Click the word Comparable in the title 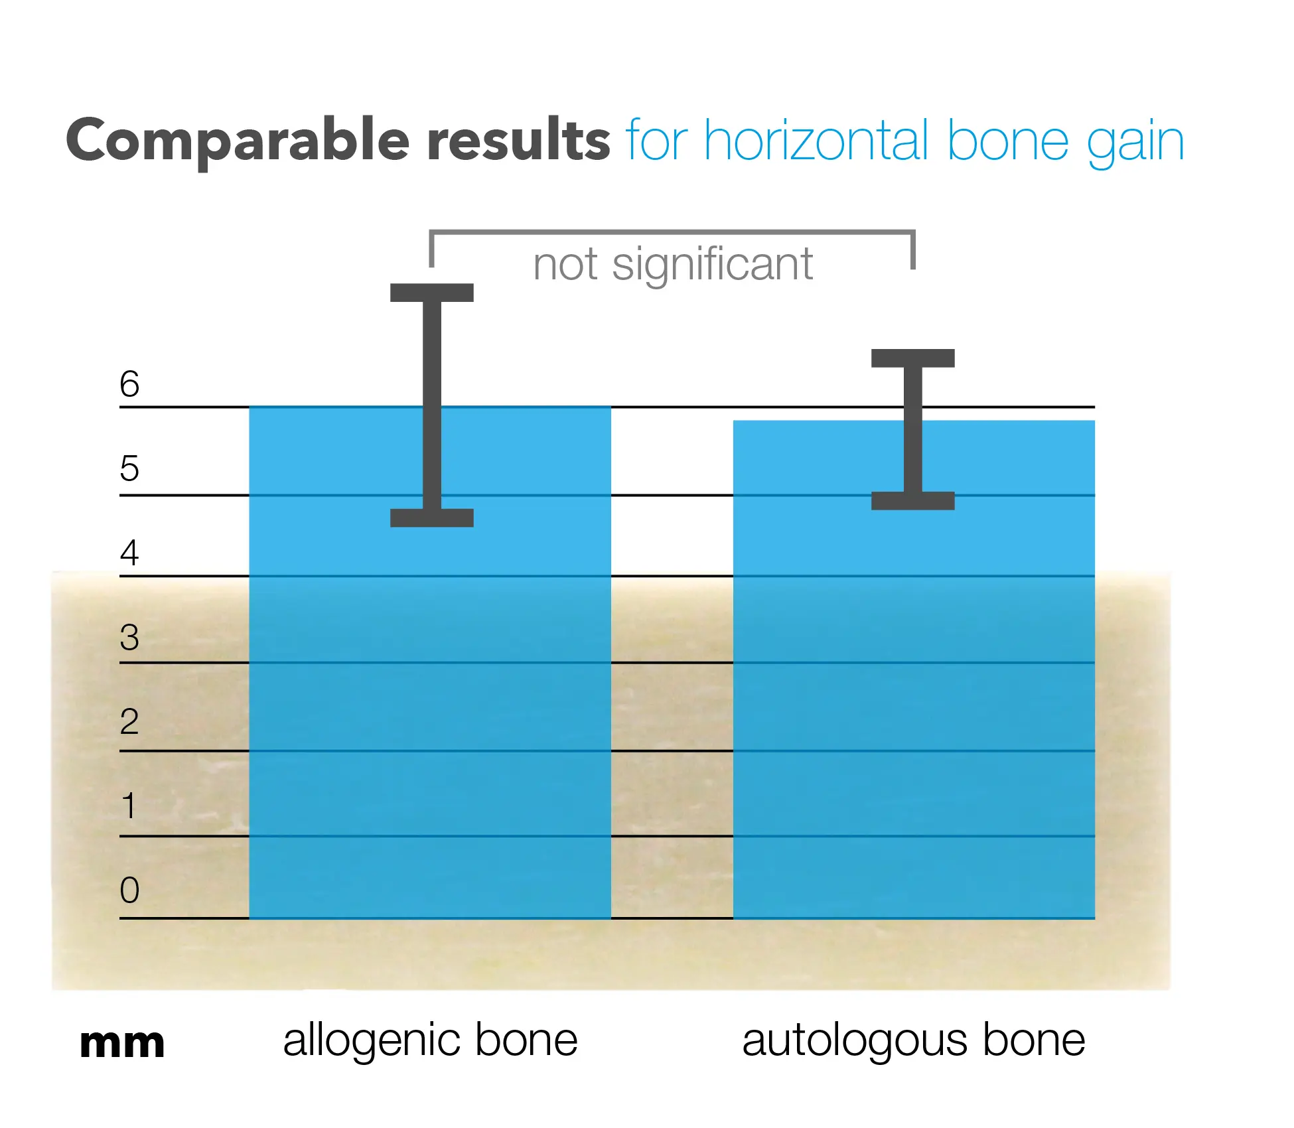tap(238, 141)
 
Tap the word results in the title tap(519, 139)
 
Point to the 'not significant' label tap(673, 265)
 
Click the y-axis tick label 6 tap(129, 384)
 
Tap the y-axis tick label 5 tap(129, 468)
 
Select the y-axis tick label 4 tap(129, 552)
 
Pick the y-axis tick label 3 tap(129, 637)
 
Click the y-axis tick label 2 tap(129, 721)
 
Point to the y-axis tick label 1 tap(129, 806)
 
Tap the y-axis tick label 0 tap(129, 890)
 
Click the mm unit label tap(122, 1044)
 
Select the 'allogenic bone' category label tap(431, 1040)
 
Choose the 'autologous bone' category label tap(914, 1040)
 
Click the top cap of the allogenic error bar tap(432, 293)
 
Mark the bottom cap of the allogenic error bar tap(432, 518)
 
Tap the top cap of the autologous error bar tap(913, 358)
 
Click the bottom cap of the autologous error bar tap(913, 500)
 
